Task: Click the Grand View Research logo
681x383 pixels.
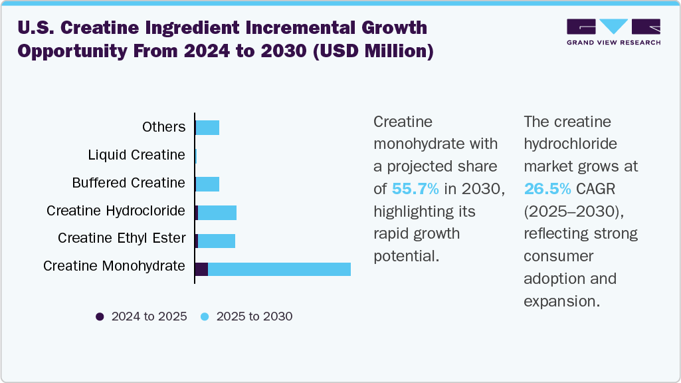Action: point(613,32)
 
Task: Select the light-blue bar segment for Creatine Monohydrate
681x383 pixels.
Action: point(279,269)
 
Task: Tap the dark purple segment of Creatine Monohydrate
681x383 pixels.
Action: point(201,269)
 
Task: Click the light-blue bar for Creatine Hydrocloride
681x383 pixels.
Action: point(217,213)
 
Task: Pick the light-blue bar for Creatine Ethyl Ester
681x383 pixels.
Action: point(217,241)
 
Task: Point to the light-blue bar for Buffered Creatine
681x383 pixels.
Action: point(208,184)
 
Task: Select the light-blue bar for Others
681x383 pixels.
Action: point(208,128)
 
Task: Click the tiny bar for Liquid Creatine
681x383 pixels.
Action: point(196,156)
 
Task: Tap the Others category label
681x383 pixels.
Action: point(163,127)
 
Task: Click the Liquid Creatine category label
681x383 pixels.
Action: point(136,155)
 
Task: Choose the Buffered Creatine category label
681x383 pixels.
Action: point(128,183)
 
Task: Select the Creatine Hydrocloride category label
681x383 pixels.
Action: point(116,211)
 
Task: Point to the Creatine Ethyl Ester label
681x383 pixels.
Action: point(122,238)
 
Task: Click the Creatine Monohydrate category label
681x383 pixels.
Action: point(114,266)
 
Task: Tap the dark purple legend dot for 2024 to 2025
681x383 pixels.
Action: point(100,317)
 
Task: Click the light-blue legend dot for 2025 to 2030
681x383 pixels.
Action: point(205,317)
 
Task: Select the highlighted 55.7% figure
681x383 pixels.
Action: point(415,189)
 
